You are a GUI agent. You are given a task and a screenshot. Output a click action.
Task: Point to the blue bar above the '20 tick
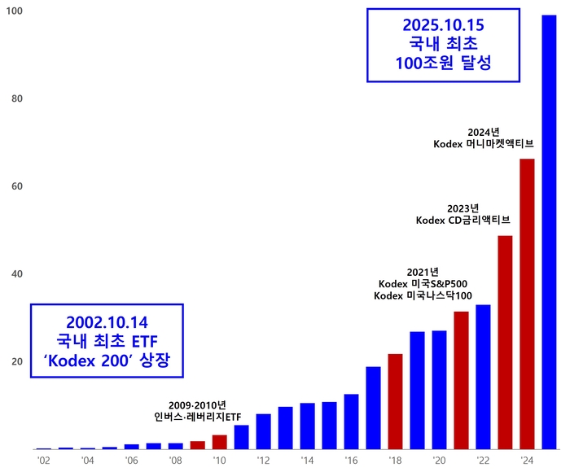click(x=439, y=390)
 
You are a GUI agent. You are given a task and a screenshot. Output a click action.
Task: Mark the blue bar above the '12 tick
click(x=263, y=431)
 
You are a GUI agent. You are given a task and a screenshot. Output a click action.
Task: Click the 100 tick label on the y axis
click(x=15, y=11)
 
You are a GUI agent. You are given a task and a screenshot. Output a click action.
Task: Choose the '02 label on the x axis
click(x=43, y=461)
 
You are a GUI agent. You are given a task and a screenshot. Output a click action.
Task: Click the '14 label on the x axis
click(x=307, y=461)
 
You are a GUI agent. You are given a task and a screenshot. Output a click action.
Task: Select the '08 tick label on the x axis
click(x=175, y=461)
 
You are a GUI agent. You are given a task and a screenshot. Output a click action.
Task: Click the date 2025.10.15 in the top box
click(x=452, y=24)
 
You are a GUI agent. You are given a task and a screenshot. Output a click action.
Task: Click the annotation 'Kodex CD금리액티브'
click(x=463, y=220)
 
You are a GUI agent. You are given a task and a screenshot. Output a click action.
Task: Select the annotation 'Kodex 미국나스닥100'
click(x=423, y=295)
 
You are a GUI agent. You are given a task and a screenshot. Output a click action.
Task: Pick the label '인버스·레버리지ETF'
click(x=198, y=417)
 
